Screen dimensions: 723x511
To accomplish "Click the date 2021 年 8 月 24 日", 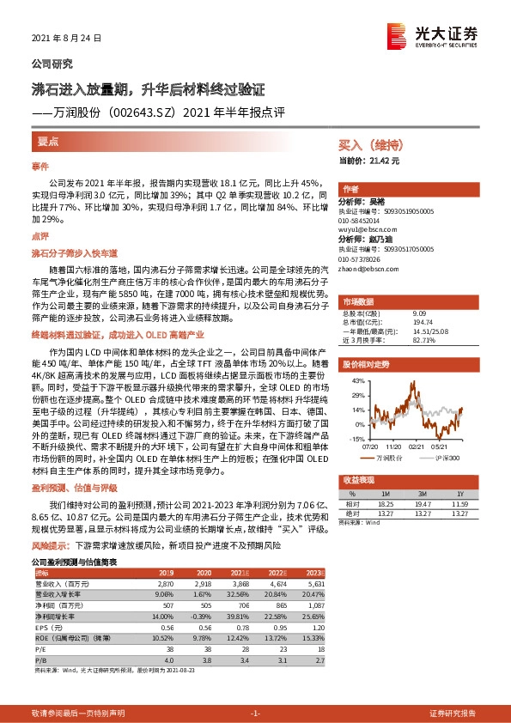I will tap(66, 39).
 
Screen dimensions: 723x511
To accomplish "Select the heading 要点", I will tap(48, 139).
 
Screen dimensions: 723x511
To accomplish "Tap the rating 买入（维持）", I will tap(364, 147).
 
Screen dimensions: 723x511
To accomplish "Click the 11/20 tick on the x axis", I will tap(394, 444).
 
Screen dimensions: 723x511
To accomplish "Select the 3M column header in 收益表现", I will tap(422, 494).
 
